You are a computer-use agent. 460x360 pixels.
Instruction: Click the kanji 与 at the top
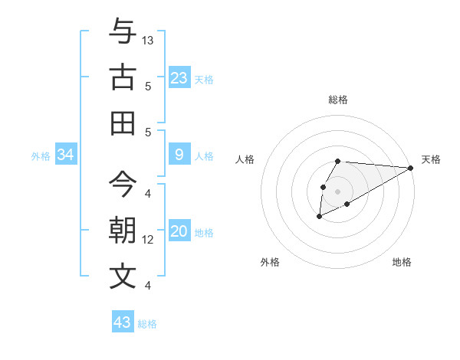point(123,33)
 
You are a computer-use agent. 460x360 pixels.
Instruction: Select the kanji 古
point(123,77)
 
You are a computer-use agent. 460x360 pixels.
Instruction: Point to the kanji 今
point(123,185)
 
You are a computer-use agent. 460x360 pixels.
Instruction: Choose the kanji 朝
point(123,231)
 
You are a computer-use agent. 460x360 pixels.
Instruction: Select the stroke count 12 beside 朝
point(148,240)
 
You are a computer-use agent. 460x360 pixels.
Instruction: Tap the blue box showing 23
point(179,78)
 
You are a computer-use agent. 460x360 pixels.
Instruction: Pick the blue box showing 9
point(179,155)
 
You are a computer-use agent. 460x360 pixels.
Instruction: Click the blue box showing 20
point(179,231)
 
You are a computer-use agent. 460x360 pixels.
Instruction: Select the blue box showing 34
point(66,155)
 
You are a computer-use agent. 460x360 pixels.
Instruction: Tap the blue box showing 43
point(123,322)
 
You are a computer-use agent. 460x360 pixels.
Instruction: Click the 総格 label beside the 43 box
point(147,323)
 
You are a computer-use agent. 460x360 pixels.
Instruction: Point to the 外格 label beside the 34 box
point(41,156)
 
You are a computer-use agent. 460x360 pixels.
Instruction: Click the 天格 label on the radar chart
point(431,159)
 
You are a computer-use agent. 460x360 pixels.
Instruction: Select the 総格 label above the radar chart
point(338,100)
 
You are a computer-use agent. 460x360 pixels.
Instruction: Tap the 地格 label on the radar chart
point(402,263)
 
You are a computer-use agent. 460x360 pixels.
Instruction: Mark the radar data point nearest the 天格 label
point(411,168)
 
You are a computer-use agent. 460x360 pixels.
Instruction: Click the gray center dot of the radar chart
point(338,191)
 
